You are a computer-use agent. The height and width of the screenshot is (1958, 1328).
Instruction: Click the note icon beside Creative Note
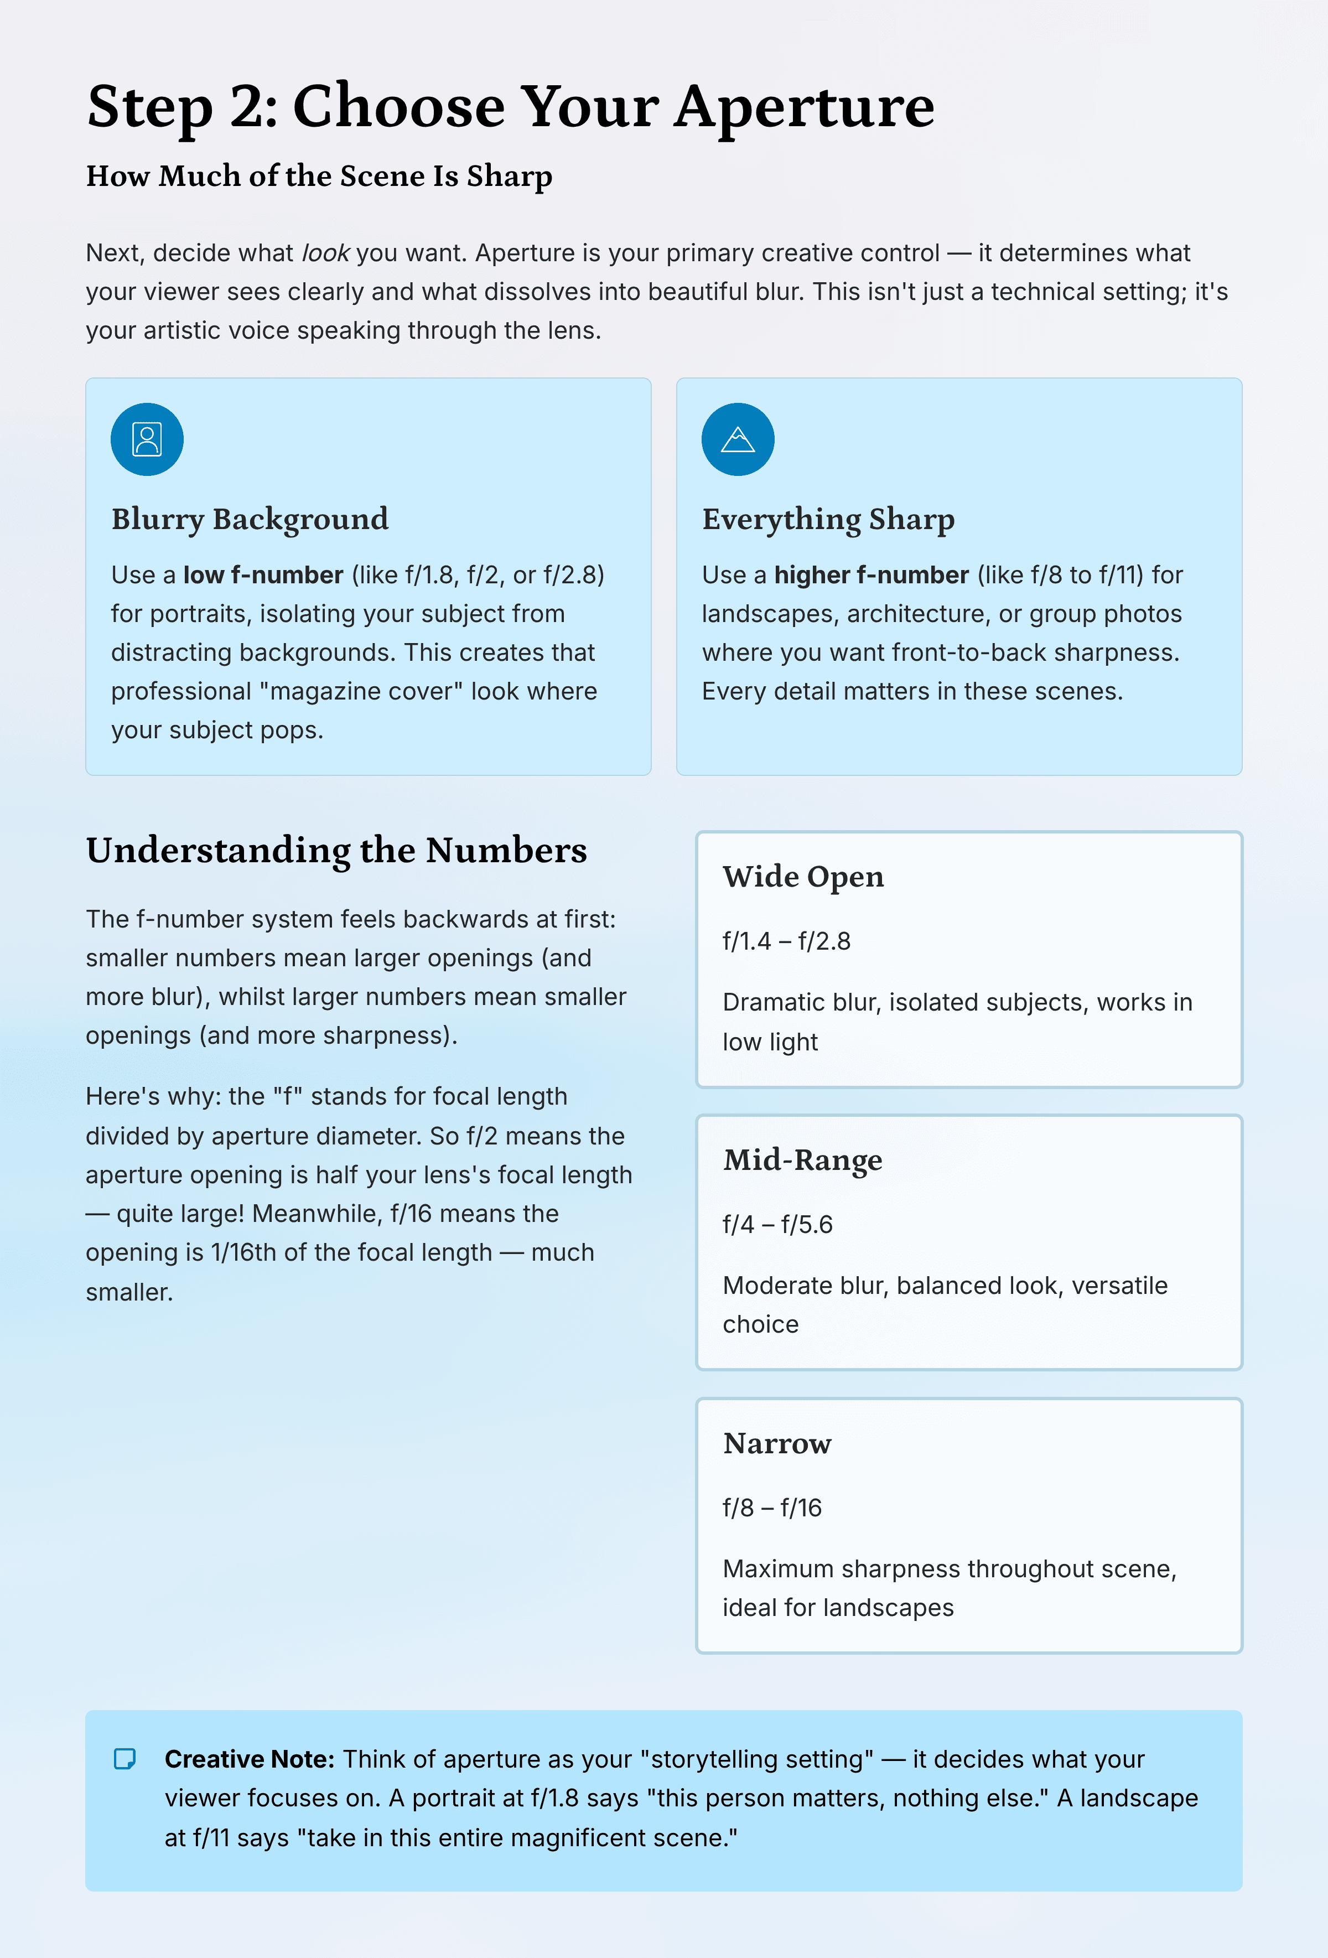tap(124, 1758)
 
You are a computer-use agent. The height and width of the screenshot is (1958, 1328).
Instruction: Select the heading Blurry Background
tap(250, 519)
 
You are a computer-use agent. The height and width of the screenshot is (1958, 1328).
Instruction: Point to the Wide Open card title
tap(802, 876)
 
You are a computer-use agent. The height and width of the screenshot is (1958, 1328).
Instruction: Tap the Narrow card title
tap(776, 1443)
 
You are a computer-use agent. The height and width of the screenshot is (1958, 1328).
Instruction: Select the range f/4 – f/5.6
tap(777, 1224)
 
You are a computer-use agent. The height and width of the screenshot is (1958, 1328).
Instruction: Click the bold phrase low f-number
tap(263, 574)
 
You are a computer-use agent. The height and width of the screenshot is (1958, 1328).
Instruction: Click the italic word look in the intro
tap(325, 253)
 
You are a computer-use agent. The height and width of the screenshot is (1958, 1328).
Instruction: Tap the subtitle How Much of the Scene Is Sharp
tap(319, 176)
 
